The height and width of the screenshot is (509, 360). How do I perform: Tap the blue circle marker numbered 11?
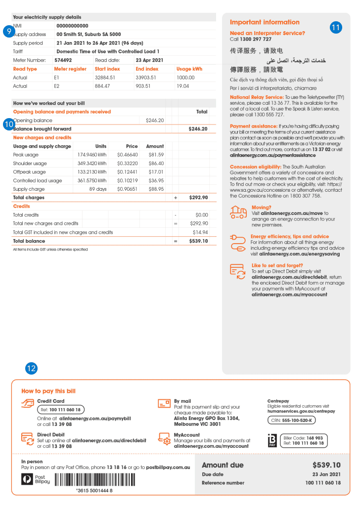coord(336,28)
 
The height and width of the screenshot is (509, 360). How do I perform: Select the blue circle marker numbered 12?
coord(32,368)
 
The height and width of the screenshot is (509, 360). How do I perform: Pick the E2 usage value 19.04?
coord(182,86)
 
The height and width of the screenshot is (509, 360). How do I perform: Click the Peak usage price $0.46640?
coord(128,155)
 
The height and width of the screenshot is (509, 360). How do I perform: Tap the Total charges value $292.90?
coord(198,198)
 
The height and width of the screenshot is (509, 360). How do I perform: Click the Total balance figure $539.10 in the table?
coord(198,241)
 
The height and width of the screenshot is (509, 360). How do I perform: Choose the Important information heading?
coord(265,22)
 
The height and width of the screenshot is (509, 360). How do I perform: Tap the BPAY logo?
coord(271,440)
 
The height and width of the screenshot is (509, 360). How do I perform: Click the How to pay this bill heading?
coord(48,391)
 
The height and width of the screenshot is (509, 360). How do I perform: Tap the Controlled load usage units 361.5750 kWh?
coord(92,181)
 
